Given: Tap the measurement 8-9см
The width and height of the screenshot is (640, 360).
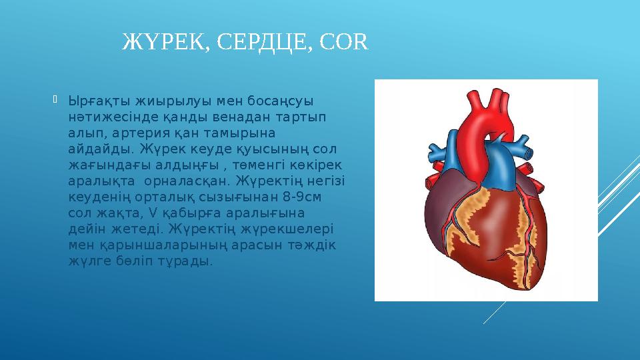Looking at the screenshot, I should pyautogui.click(x=301, y=197).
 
